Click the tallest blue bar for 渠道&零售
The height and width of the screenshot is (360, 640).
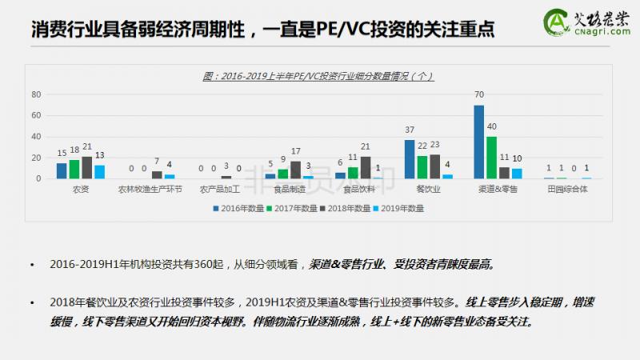click(478, 142)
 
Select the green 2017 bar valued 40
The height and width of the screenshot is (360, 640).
click(491, 158)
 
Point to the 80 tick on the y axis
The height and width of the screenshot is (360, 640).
click(36, 94)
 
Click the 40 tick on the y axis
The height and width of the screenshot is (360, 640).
click(36, 137)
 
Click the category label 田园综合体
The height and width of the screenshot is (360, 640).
click(567, 190)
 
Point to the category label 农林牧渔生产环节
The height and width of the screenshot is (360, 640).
click(150, 190)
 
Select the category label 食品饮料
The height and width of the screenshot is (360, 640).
click(358, 190)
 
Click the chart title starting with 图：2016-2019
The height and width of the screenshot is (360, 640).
click(318, 77)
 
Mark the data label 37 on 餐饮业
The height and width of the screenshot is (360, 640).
click(409, 130)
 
